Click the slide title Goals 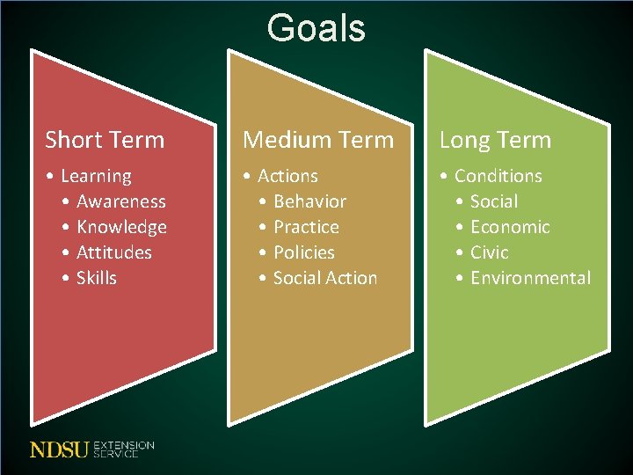(316, 27)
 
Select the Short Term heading (105, 140)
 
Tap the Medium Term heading (318, 140)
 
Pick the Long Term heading (495, 140)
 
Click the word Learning (96, 177)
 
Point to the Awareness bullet (121, 201)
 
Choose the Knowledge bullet (121, 227)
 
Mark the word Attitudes (114, 252)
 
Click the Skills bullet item (97, 278)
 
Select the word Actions (287, 176)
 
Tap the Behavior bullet (309, 201)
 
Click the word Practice (306, 227)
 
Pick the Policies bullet (304, 252)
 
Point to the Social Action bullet (325, 278)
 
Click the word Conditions (498, 176)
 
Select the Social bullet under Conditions (494, 201)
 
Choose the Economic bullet (510, 227)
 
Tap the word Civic (490, 252)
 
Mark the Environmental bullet (531, 278)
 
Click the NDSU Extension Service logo (91, 449)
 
